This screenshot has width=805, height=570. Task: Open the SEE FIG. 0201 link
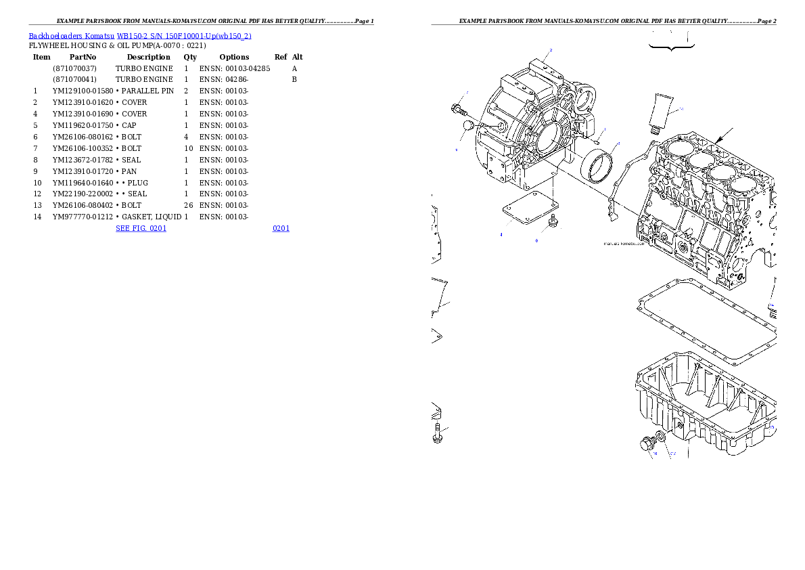click(141, 228)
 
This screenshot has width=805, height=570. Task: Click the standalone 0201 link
click(281, 228)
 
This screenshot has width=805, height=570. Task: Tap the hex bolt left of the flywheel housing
click(457, 108)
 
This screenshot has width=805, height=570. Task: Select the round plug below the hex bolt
click(468, 126)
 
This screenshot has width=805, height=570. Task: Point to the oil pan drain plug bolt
click(647, 444)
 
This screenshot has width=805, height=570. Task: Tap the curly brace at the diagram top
click(672, 45)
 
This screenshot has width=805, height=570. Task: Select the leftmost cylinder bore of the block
click(677, 147)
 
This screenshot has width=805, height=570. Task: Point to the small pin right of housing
click(597, 141)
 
